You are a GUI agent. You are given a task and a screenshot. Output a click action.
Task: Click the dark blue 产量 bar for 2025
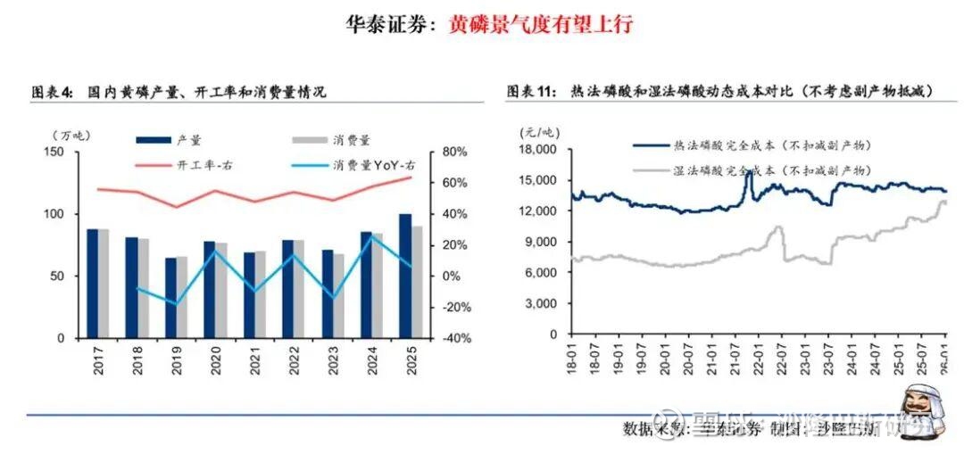pyautogui.click(x=405, y=277)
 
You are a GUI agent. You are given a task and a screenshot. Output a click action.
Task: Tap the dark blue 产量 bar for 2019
pyautogui.click(x=170, y=298)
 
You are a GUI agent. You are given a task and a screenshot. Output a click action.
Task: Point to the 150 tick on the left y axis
pyautogui.click(x=54, y=153)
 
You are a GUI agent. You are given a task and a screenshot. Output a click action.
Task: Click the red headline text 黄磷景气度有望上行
pyautogui.click(x=540, y=23)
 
